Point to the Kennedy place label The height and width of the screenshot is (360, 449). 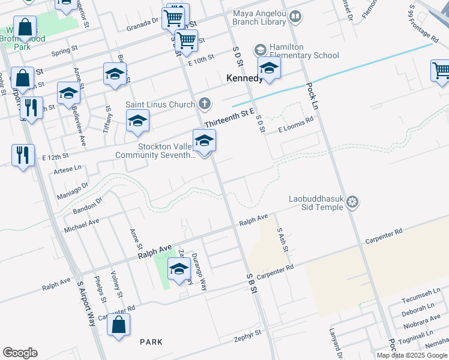coord(244,78)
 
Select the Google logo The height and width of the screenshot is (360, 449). coord(20,353)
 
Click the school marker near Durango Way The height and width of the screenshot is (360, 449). coord(179,269)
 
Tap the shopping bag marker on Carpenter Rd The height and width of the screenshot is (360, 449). coord(119,326)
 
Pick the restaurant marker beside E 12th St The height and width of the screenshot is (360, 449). coord(22,155)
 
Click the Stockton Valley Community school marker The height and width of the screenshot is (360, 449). coord(204,142)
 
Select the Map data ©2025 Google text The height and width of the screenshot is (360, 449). coord(412,355)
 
